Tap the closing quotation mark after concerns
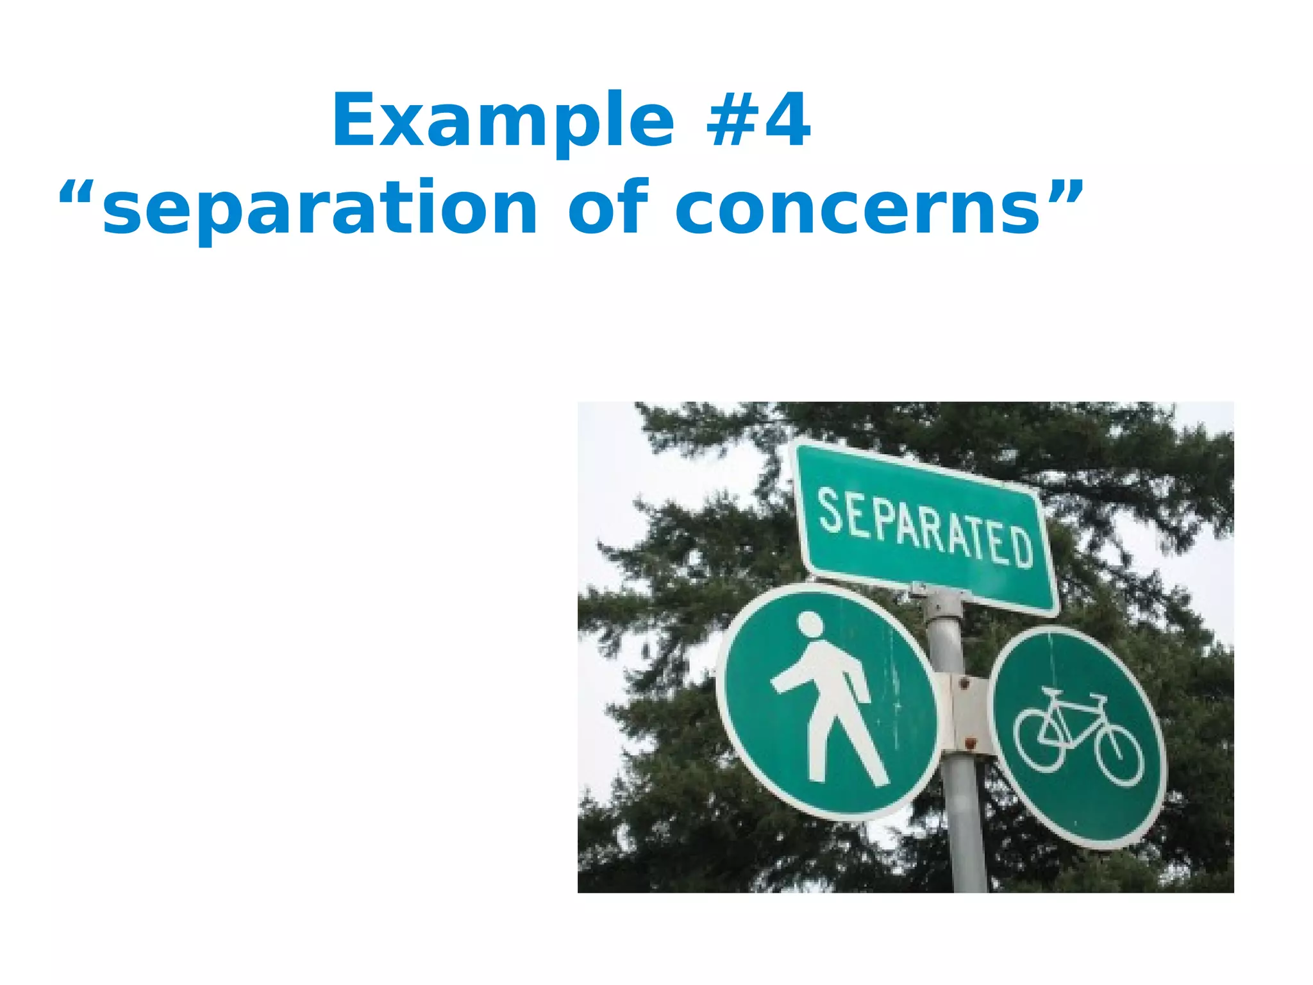tap(1064, 192)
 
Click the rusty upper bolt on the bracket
tap(962, 684)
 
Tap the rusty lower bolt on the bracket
tap(969, 744)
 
